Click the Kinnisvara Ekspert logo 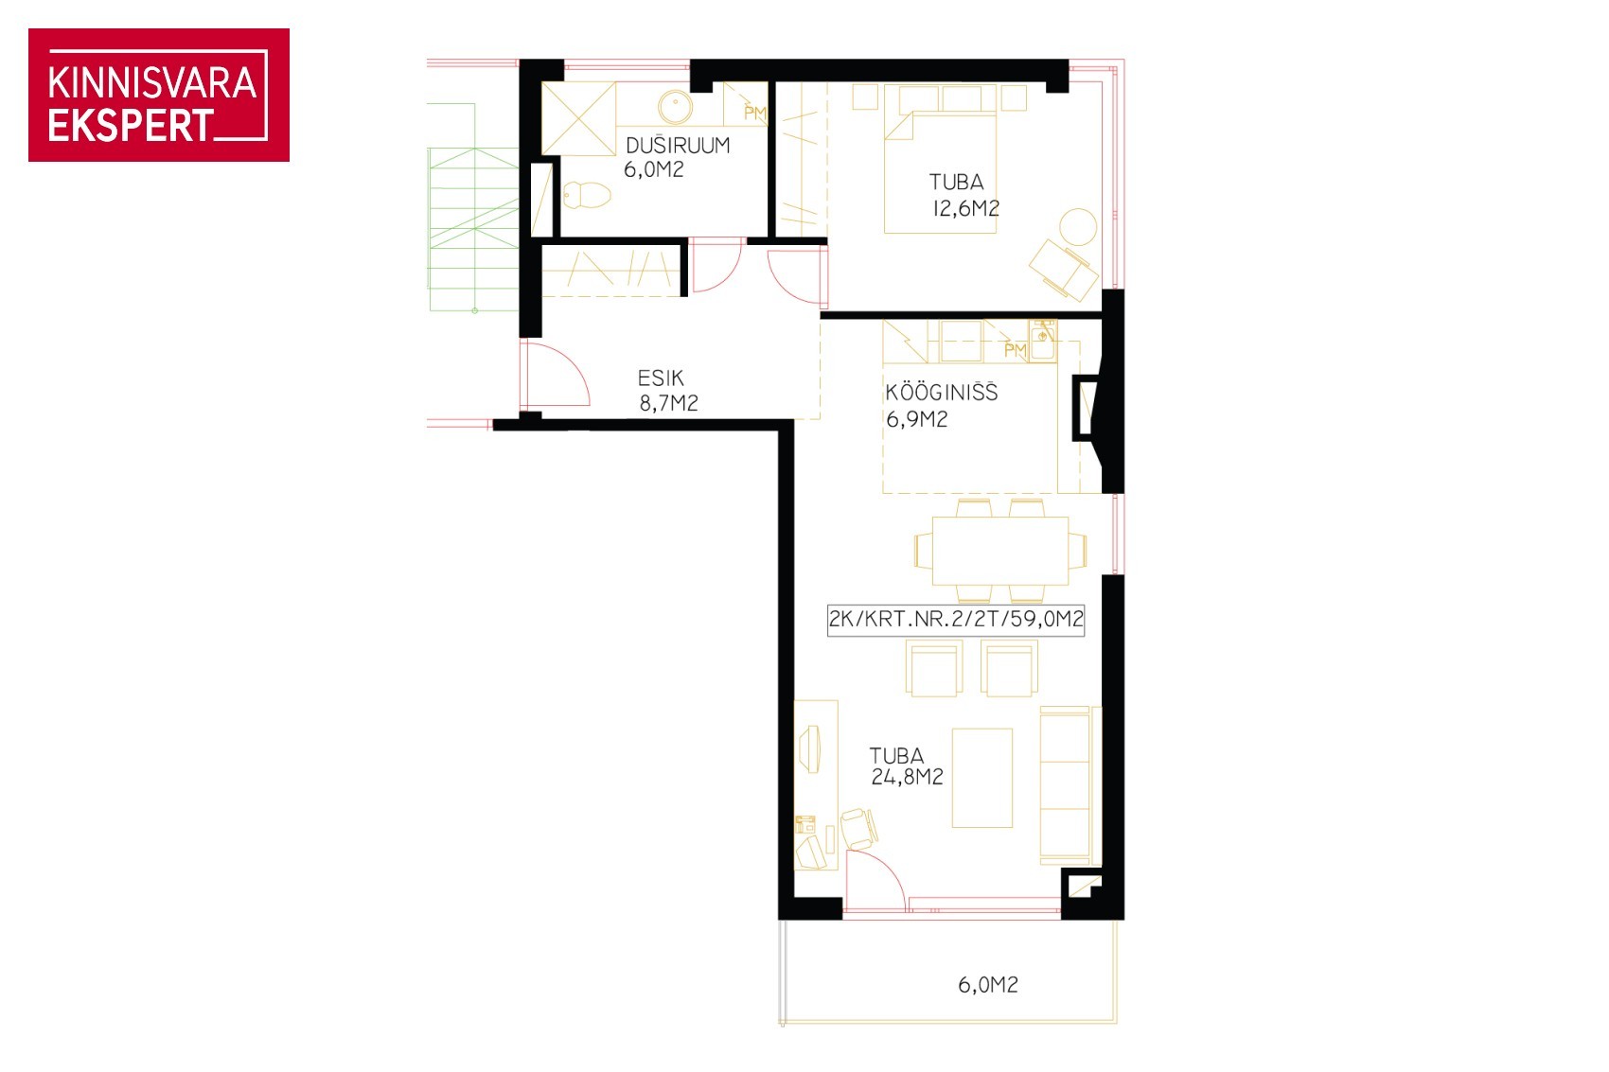pos(159,95)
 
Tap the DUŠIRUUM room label pos(678,146)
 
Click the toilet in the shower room pos(586,195)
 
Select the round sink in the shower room pos(675,107)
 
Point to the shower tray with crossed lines pos(578,118)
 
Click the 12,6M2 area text pos(965,209)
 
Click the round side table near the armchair pos(1077,227)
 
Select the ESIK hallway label pos(660,378)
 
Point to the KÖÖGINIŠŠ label pos(941,393)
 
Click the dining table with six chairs pos(999,551)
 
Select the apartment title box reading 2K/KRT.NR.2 pos(955,619)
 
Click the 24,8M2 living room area pos(907,777)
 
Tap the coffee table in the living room pos(981,779)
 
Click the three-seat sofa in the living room pos(1070,785)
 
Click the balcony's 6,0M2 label pos(988,984)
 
